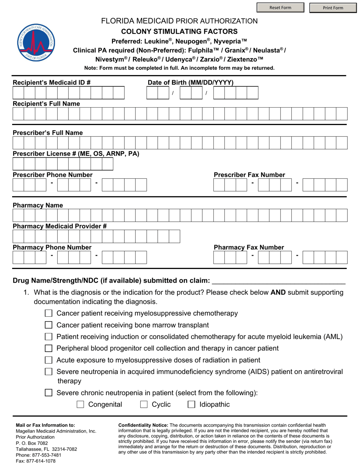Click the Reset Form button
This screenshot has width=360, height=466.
pos(280,8)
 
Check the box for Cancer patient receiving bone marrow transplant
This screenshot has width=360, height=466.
pos(49,325)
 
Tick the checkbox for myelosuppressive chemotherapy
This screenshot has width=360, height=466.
pos(49,313)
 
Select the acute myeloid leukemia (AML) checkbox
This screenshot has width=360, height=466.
pos(49,337)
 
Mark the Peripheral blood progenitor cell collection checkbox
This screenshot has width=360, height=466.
pos(49,348)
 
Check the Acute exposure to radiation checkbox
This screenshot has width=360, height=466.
pos(49,360)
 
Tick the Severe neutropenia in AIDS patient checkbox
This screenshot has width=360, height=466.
pos(49,372)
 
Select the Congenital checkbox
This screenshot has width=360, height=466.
pos(80,405)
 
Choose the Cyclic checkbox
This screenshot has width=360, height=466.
pos(144,405)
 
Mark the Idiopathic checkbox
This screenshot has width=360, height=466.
pos(192,405)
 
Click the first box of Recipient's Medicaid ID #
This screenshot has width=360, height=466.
pos(18,93)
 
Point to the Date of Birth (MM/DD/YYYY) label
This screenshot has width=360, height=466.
pos(190,83)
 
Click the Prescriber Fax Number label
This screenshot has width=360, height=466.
pos(249,175)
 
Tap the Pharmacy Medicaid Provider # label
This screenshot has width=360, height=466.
pos(59,226)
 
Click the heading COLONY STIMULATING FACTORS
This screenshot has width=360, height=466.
pos(179,31)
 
